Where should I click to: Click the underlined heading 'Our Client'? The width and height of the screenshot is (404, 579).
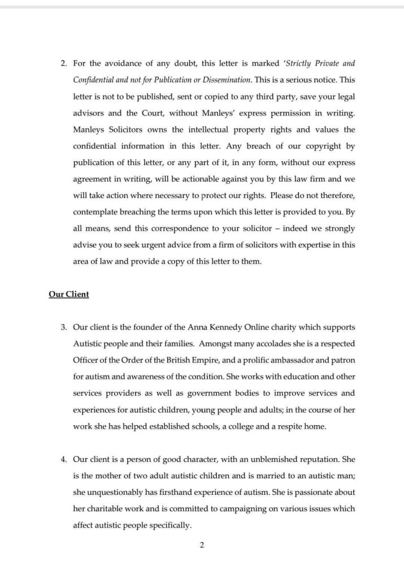[x=69, y=295]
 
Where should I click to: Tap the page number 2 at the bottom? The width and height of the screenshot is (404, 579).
[x=202, y=545]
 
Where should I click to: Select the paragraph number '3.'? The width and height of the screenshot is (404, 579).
[x=64, y=327]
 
